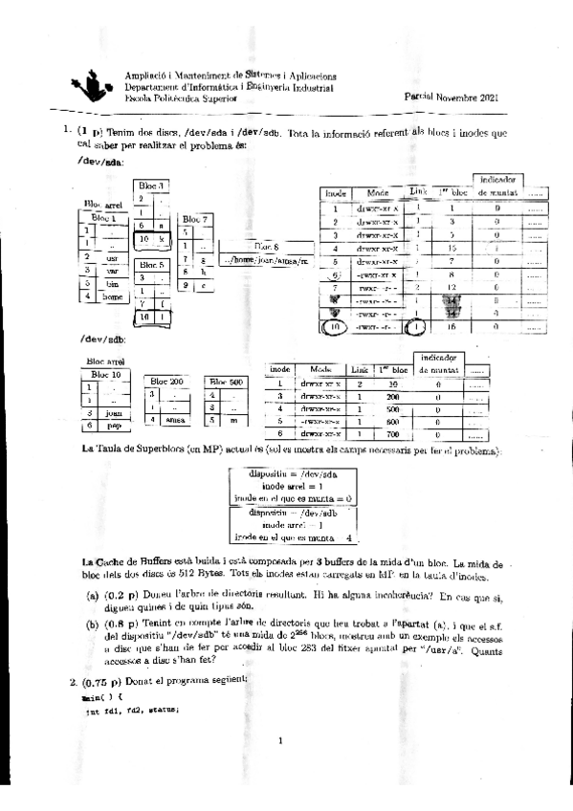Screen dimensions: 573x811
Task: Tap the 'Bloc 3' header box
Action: (151, 184)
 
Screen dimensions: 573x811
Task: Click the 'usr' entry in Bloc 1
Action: (112, 257)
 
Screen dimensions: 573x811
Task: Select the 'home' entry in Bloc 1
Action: (113, 297)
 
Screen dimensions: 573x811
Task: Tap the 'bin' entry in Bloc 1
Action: (112, 284)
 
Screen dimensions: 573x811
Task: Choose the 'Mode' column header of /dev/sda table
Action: (377, 192)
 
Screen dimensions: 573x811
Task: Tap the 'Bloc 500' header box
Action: (226, 381)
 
